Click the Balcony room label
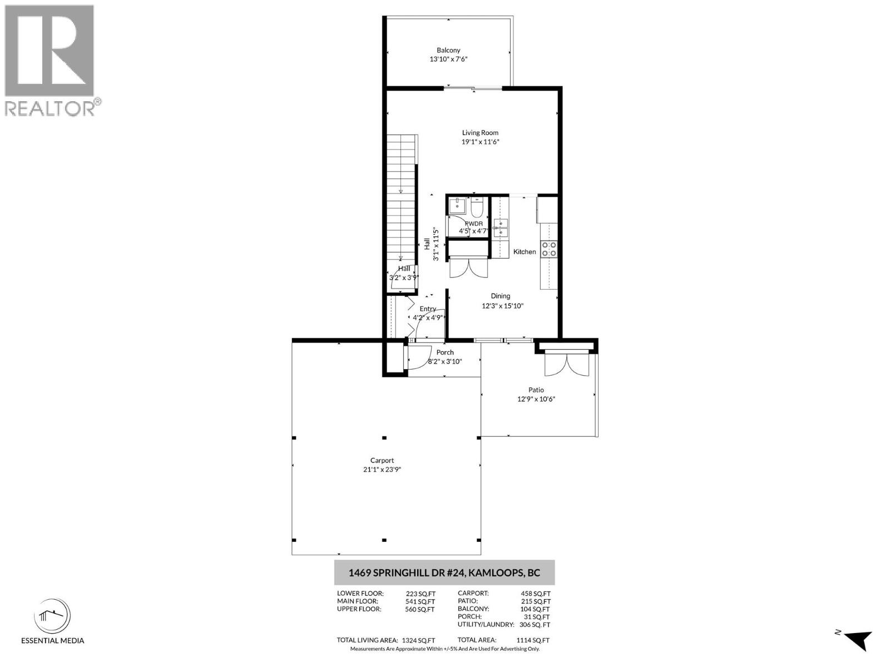pyautogui.click(x=448, y=50)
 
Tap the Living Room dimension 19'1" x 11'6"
pyautogui.click(x=480, y=142)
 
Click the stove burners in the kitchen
pyautogui.click(x=549, y=249)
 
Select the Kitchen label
pyautogui.click(x=524, y=252)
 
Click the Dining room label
pyautogui.click(x=500, y=296)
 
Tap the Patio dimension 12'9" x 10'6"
pyautogui.click(x=536, y=399)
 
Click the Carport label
pyautogui.click(x=382, y=460)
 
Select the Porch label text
pyautogui.click(x=445, y=352)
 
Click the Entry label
pyautogui.click(x=427, y=308)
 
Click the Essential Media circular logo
pyautogui.click(x=52, y=616)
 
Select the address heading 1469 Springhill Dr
pyautogui.click(x=444, y=573)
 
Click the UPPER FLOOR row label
pyautogui.click(x=359, y=609)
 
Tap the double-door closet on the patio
pyautogui.click(x=566, y=364)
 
